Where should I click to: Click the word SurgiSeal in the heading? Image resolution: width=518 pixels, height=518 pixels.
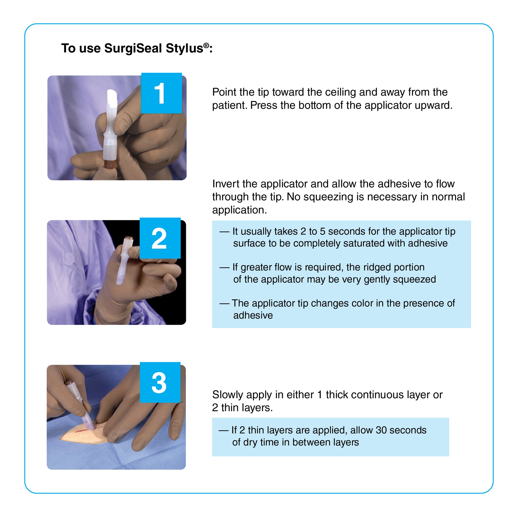point(133,49)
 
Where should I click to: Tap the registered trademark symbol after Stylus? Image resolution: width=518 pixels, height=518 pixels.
point(206,45)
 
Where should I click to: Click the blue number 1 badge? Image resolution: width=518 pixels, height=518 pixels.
point(161,93)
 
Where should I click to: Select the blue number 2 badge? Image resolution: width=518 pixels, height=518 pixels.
point(160,238)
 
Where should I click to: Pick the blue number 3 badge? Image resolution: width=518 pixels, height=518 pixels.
point(160,382)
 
